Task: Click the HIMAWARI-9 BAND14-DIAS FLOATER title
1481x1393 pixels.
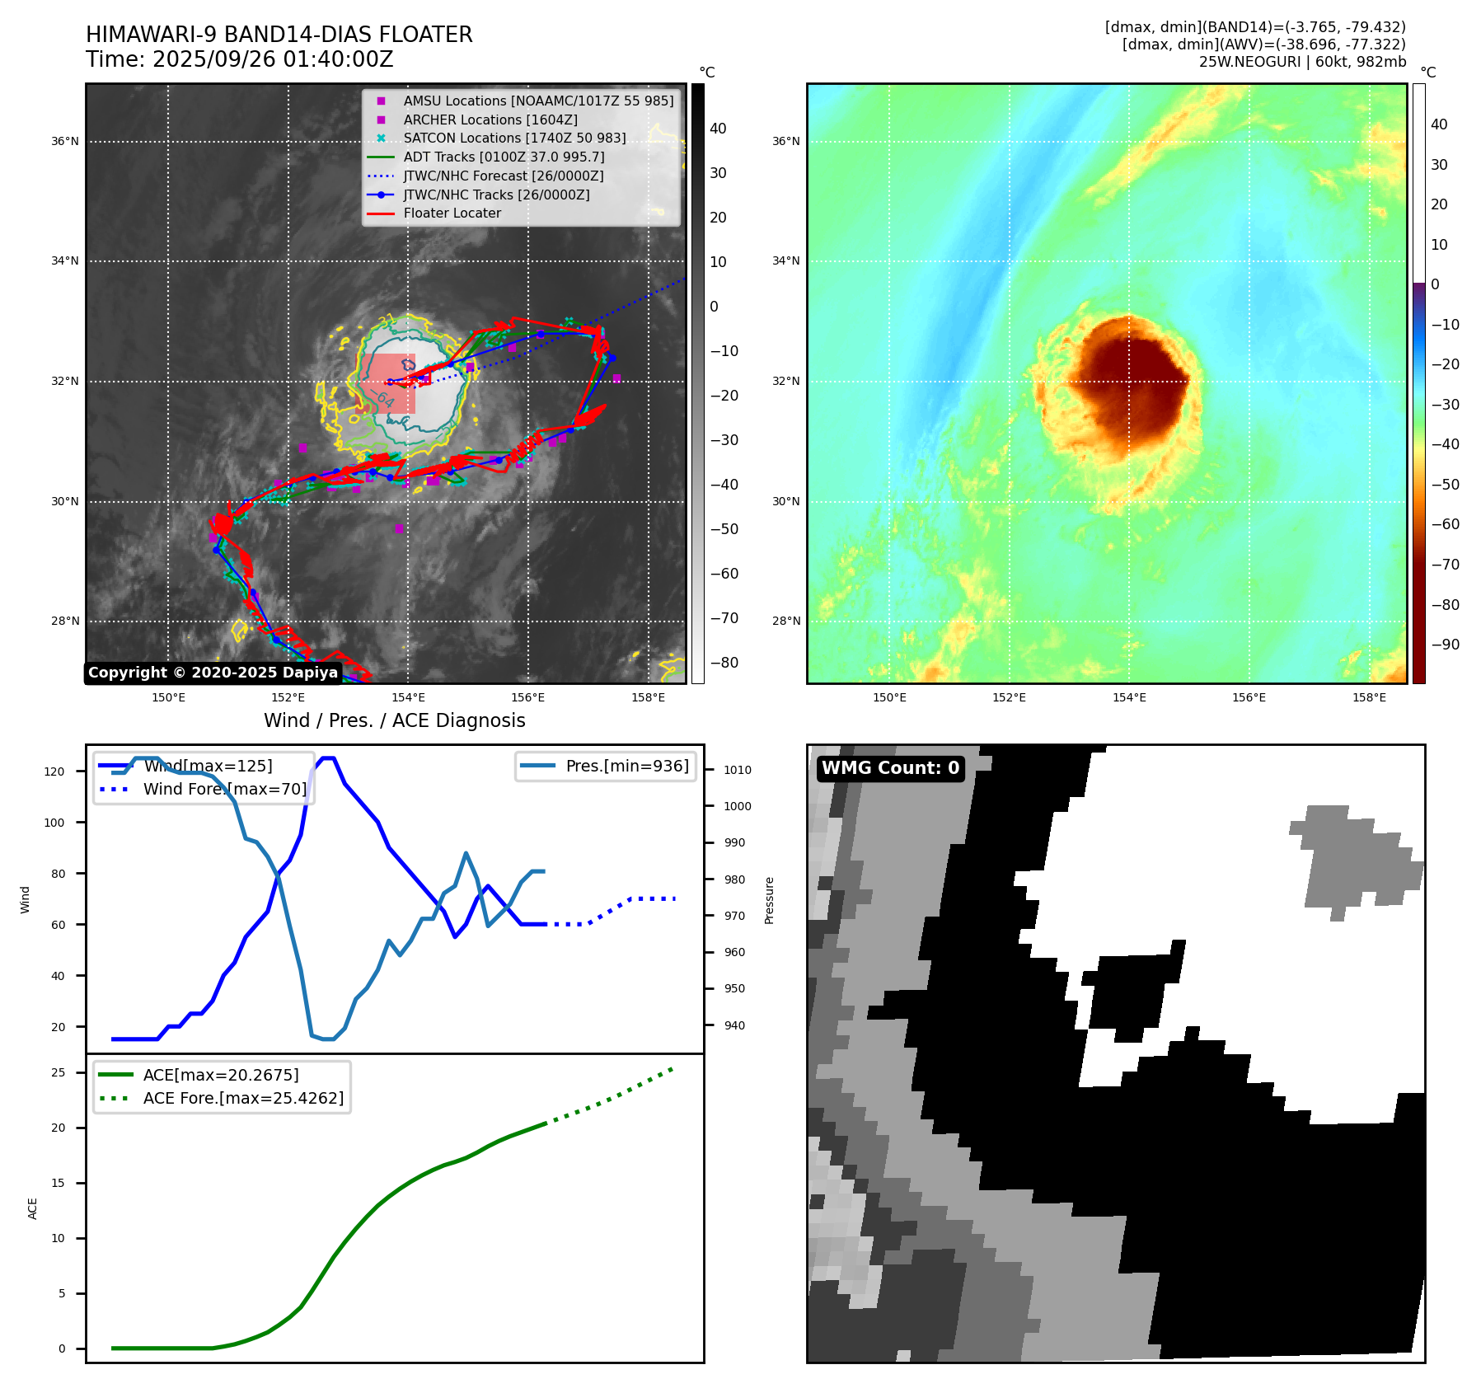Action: tap(279, 35)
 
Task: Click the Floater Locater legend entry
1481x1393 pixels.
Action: tap(452, 213)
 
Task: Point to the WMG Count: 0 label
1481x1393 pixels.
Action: tap(890, 768)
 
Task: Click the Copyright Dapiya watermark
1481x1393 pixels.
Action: tap(213, 673)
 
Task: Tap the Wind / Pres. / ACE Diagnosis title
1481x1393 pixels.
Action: tap(394, 720)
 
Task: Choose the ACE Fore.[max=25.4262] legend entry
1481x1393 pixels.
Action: tap(243, 1098)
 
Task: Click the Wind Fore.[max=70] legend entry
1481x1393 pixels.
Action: tap(224, 789)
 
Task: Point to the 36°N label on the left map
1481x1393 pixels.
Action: tap(65, 142)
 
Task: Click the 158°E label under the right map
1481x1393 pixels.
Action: tap(1369, 697)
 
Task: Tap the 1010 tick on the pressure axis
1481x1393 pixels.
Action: tap(738, 770)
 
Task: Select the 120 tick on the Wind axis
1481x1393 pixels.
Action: tap(54, 772)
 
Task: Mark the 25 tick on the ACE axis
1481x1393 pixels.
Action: tap(59, 1072)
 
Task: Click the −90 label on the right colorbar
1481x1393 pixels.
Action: tap(1445, 645)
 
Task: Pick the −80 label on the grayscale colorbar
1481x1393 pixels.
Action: tap(724, 663)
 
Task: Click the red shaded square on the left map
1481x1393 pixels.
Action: tap(387, 383)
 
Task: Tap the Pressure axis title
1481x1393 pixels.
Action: tap(769, 900)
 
